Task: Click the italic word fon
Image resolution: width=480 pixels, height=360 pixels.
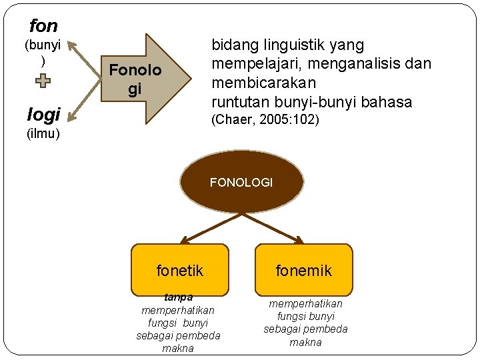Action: pos(43,26)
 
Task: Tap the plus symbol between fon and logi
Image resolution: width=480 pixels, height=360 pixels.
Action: pos(43,82)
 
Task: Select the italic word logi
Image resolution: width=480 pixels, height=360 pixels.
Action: pos(43,115)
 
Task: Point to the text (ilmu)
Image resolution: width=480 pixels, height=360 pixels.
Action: pos(43,134)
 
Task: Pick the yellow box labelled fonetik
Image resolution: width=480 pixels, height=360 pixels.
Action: pos(179,270)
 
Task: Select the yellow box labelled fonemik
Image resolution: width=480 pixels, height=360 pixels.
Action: pos(303,270)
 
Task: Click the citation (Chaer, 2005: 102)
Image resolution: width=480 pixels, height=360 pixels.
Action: pos(265,120)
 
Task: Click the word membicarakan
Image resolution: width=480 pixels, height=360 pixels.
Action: pos(263,83)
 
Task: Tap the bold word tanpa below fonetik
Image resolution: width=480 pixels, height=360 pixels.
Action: pos(178,297)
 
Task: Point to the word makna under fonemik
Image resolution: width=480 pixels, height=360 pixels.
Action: pos(305,342)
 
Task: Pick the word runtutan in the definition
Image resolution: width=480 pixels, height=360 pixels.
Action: pos(239,102)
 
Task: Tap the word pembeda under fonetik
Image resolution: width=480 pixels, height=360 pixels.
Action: pos(197,335)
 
